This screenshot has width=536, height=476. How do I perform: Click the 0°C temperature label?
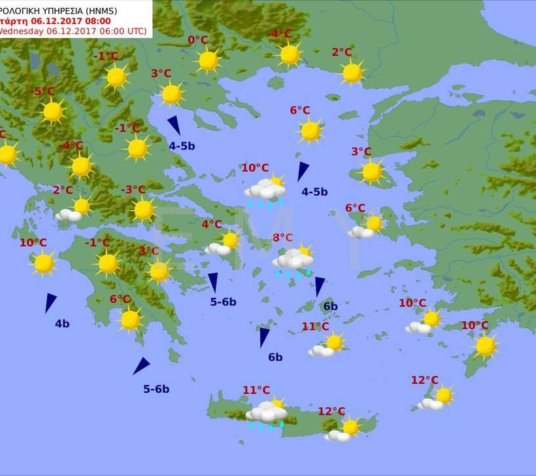198,41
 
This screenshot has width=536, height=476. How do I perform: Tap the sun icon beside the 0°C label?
209,61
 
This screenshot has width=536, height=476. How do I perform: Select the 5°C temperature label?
44,92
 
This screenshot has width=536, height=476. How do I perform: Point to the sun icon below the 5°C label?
53,112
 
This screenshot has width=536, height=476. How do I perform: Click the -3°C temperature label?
133,190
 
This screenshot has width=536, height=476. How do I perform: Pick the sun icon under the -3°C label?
143,210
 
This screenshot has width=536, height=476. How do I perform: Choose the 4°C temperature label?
211,225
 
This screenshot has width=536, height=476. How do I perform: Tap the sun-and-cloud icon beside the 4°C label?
224,244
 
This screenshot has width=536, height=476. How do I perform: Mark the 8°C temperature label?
283,238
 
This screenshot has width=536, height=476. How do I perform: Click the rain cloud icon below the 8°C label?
293,260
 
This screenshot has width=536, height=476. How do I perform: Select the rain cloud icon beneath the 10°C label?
265,191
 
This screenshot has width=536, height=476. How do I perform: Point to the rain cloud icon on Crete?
266,413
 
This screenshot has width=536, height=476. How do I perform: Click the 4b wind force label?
62,323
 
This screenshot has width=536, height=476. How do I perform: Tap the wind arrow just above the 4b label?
50,302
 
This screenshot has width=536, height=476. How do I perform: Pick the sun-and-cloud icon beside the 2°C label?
75,210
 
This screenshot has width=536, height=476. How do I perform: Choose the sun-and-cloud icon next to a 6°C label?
367,227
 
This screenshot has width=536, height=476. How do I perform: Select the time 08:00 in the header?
96,21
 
